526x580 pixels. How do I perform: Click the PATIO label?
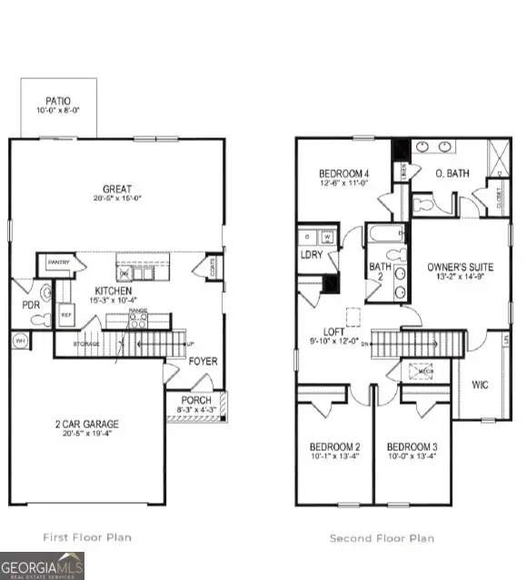coord(57,101)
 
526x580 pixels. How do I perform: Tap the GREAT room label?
coord(117,189)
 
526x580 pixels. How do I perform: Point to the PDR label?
coord(30,305)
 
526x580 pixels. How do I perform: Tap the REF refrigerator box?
coord(66,314)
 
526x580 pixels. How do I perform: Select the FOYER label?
coord(203,361)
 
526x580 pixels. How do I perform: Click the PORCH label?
coord(196,400)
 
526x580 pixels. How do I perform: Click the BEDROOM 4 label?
coord(343,174)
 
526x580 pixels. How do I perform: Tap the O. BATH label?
coord(451,174)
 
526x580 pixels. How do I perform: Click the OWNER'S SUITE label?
coord(460,267)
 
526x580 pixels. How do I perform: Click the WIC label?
coord(481,385)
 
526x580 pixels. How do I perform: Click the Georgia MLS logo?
coord(43,565)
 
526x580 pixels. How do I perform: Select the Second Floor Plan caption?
coord(382,538)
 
